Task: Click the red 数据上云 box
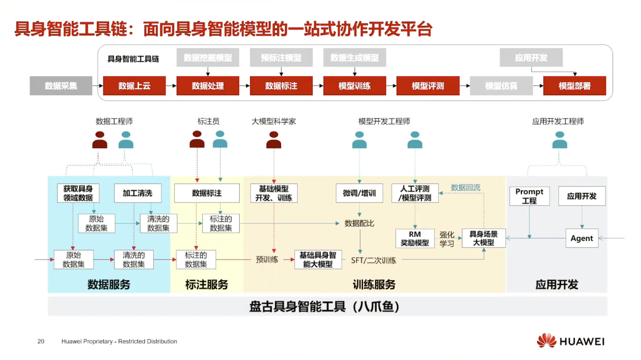pos(134,86)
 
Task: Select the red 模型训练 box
pos(354,86)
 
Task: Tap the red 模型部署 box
pos(574,86)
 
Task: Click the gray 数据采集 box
pos(61,86)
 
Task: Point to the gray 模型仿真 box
pos(501,86)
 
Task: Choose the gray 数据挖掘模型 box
pos(208,58)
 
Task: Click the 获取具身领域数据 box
pos(78,193)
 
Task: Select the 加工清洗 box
pos(137,193)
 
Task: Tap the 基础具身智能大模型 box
pos(318,260)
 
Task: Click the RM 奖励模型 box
pos(415,239)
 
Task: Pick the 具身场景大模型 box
pos(483,238)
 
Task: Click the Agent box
pos(582,238)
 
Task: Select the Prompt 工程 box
pos(529,196)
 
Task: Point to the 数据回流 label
pos(465,187)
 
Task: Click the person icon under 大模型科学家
pos(274,140)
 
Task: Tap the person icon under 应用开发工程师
pos(559,140)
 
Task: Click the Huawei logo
pos(570,341)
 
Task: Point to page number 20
pos(41,341)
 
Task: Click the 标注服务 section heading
pos(207,285)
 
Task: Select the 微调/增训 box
pos(359,193)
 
